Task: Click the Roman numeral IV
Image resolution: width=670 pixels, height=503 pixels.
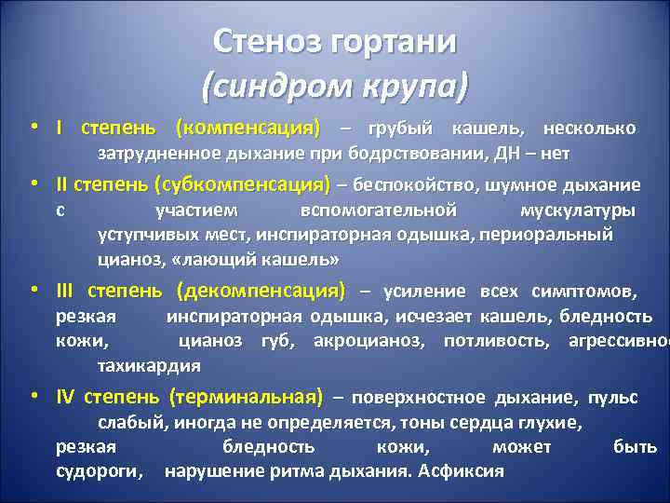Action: point(64,398)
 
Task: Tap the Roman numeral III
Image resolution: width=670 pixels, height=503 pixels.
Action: point(63,291)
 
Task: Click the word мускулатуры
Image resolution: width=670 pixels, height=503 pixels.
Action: point(578,210)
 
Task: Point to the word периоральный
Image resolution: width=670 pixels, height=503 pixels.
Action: point(554,234)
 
